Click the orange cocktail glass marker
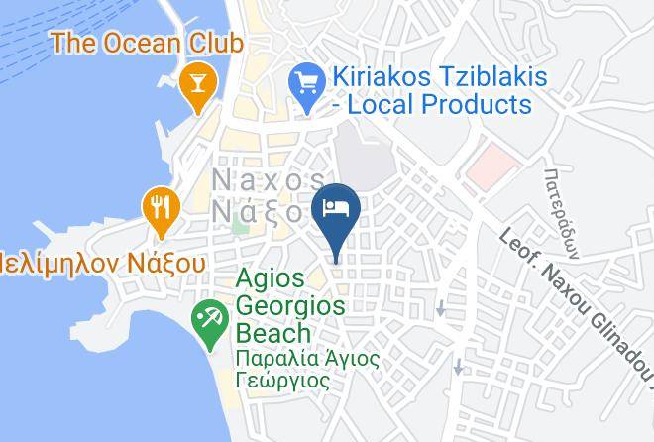[x=197, y=82]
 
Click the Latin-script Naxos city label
[x=269, y=179]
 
